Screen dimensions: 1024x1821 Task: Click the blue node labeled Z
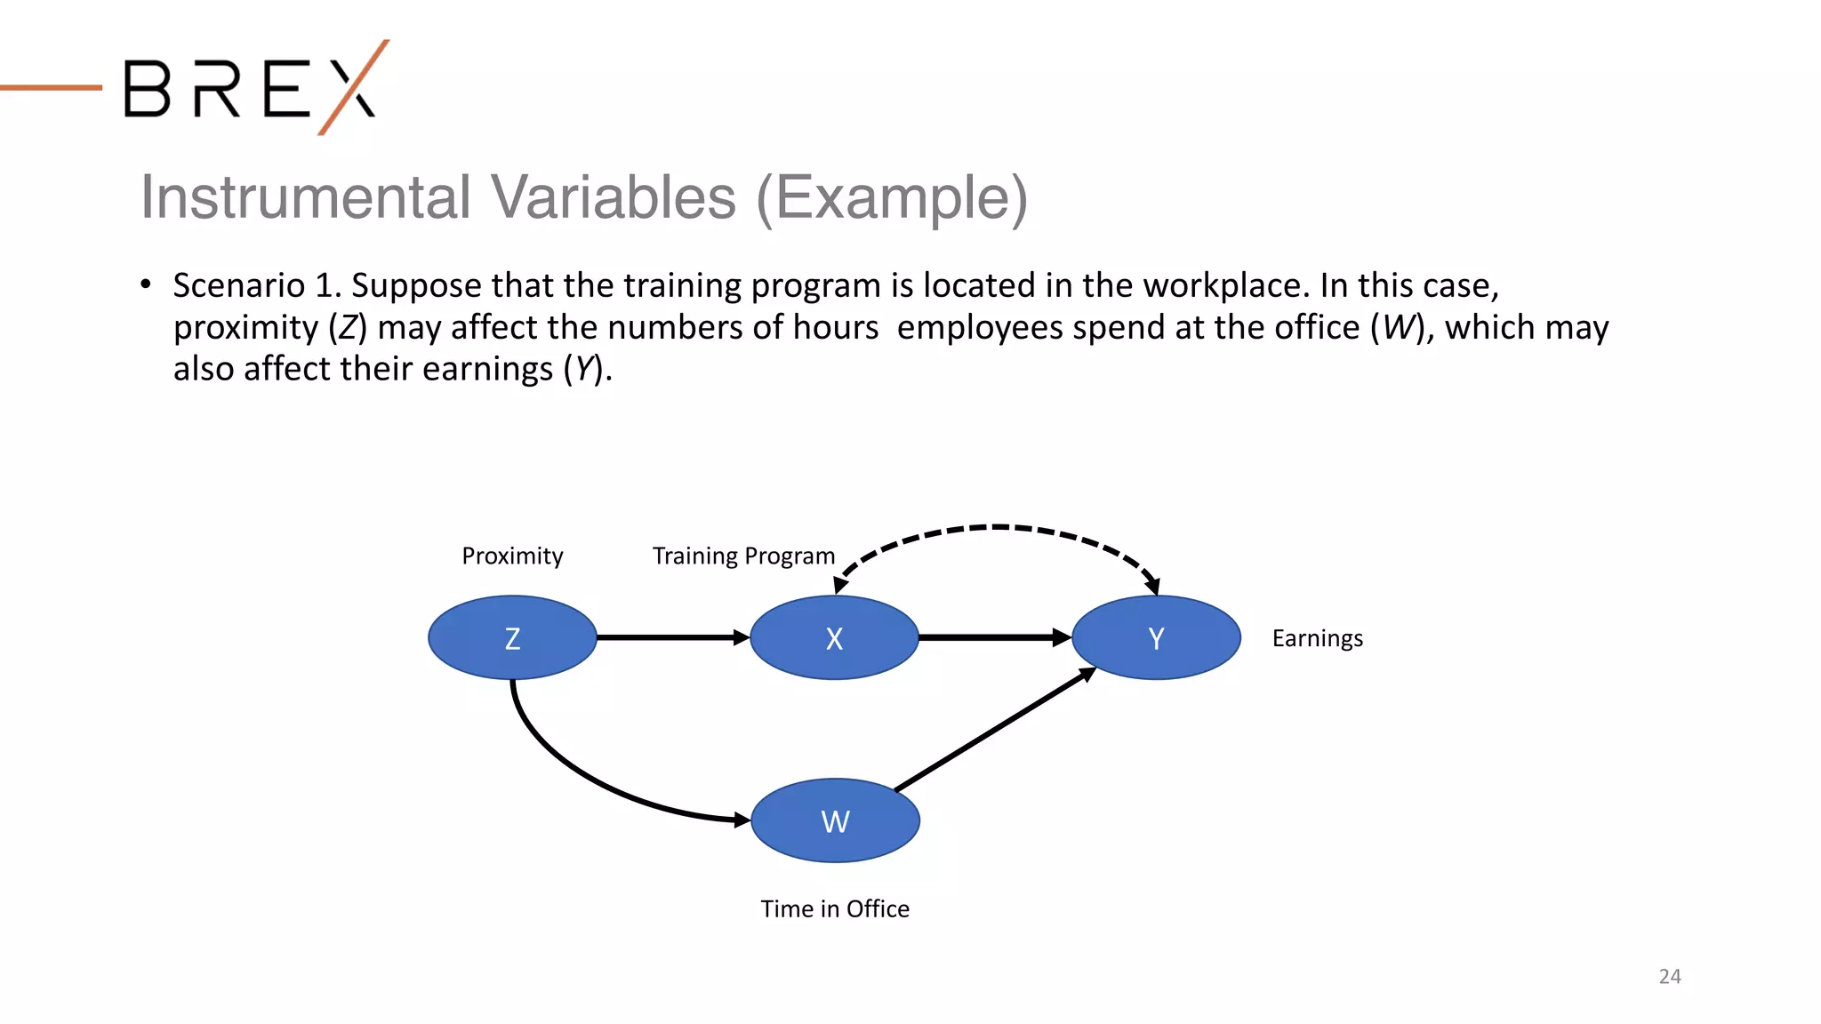click(x=512, y=637)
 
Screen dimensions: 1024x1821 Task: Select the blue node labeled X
click(x=834, y=637)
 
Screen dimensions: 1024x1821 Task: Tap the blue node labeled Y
click(x=1156, y=637)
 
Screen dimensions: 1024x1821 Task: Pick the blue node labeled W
click(x=835, y=820)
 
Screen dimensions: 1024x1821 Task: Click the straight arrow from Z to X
click(x=671, y=637)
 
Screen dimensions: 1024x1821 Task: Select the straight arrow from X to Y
click(x=993, y=637)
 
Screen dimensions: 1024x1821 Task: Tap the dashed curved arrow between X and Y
click(x=996, y=527)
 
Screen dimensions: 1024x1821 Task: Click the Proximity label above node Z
click(x=512, y=556)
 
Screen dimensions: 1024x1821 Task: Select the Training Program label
click(x=743, y=556)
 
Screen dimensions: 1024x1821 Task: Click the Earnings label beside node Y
click(x=1317, y=638)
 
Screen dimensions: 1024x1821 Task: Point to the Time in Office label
click(x=834, y=908)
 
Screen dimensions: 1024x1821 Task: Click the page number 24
click(x=1669, y=976)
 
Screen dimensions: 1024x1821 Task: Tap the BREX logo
click(x=253, y=88)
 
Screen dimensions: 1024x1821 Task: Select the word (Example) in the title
click(x=892, y=197)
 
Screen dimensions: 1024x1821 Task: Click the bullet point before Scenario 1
click(x=146, y=284)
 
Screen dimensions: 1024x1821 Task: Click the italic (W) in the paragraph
click(x=1397, y=327)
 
